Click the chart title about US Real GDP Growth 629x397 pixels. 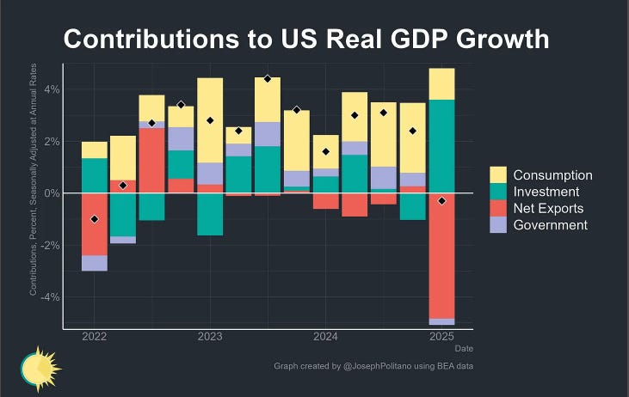(x=305, y=40)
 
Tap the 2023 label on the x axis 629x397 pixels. (x=210, y=336)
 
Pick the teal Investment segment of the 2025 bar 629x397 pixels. (x=441, y=146)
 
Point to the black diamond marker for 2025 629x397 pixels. (x=441, y=200)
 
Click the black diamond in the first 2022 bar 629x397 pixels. (x=95, y=219)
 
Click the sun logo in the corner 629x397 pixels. (x=39, y=368)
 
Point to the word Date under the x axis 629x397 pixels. (x=464, y=348)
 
